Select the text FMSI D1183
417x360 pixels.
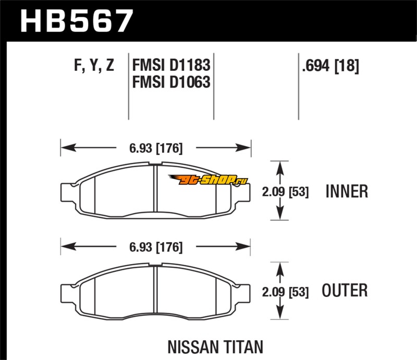point(171,66)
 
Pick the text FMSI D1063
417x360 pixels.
point(171,82)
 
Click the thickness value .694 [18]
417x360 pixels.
point(330,66)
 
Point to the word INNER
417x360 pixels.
point(347,191)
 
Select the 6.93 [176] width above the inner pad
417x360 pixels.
point(156,148)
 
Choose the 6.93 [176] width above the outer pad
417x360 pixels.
point(156,247)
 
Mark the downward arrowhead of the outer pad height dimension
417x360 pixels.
point(280,315)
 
